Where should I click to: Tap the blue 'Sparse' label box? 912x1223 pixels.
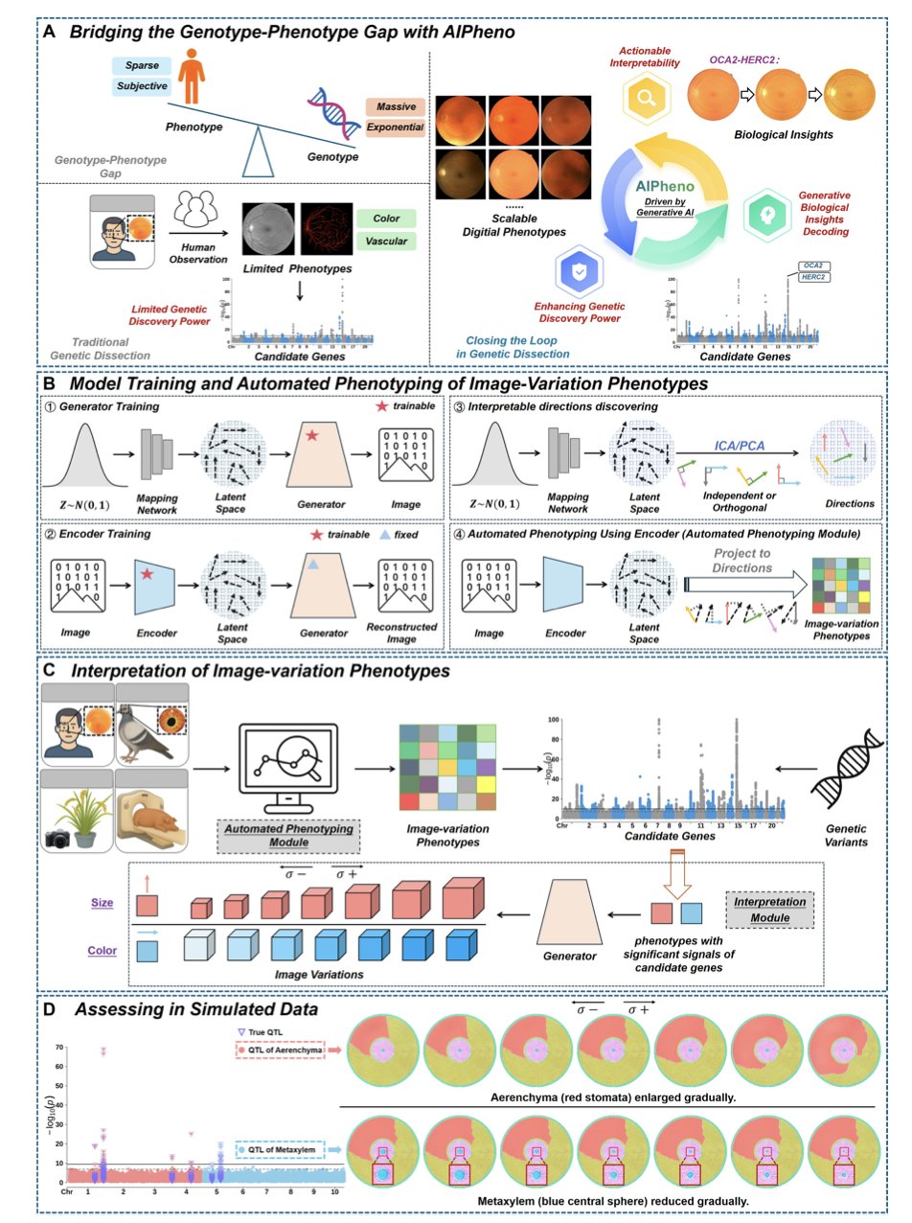tap(143, 66)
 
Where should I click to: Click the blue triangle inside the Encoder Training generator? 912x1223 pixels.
tap(311, 567)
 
